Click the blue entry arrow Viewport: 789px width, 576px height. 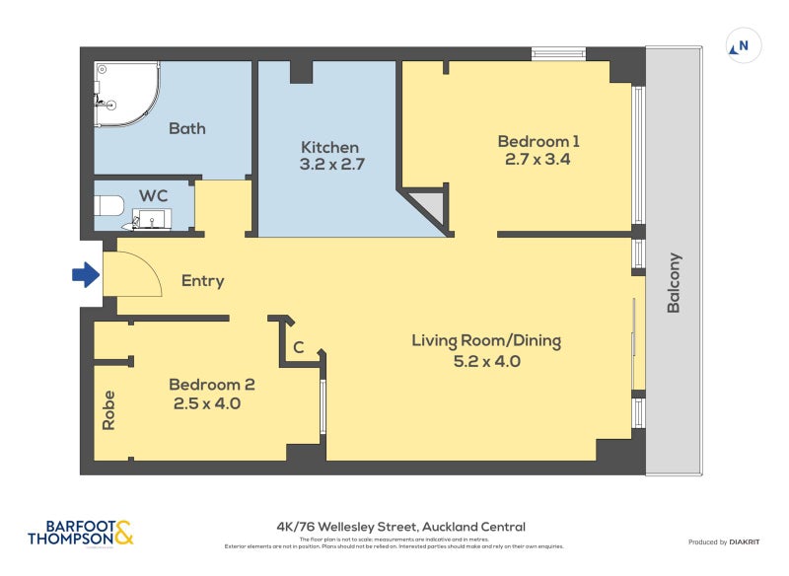click(87, 275)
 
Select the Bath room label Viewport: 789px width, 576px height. click(186, 128)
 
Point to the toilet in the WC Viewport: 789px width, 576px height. click(109, 206)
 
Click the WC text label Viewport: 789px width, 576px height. click(154, 195)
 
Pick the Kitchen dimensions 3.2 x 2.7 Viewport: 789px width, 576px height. click(332, 165)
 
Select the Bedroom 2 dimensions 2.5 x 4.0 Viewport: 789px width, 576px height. click(207, 403)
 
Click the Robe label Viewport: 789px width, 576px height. click(108, 410)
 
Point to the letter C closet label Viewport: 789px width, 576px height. click(298, 348)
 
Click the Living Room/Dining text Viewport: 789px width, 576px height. click(486, 341)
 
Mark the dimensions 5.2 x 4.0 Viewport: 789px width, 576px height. click(486, 361)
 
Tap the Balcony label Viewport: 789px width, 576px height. click(675, 284)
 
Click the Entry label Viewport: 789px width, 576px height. click(203, 281)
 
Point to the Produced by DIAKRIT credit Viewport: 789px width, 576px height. click(721, 541)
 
